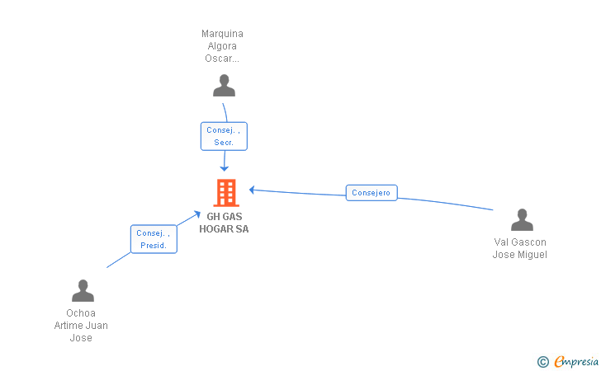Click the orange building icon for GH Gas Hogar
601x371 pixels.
225,192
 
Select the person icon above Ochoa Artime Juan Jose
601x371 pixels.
83,291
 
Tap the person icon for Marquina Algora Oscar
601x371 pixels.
224,86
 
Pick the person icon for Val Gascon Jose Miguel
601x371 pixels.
522,220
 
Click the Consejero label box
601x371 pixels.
371,193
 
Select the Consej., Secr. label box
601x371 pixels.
224,136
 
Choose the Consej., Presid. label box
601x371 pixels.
154,239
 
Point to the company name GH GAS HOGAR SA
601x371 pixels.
224,223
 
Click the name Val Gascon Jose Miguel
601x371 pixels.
520,248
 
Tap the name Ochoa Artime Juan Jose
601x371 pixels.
81,325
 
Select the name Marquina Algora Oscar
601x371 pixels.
222,46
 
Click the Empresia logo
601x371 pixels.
575,361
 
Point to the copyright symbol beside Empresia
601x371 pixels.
542,361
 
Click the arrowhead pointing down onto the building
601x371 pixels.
224,168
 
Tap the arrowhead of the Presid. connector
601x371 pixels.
197,214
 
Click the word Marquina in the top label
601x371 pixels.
222,34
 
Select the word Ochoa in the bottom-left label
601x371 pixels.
81,313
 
